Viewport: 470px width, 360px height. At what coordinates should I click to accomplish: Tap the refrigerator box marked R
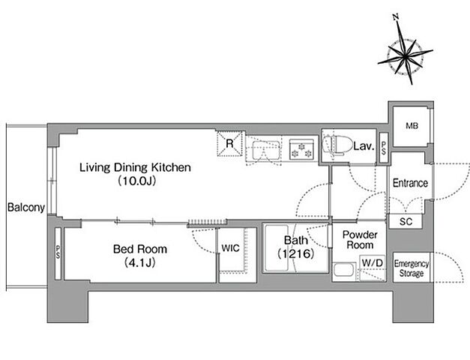point(229,144)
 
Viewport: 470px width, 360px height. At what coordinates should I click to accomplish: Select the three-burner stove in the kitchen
point(301,149)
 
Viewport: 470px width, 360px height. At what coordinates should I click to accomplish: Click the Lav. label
point(364,146)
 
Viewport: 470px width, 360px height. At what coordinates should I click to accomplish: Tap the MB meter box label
point(412,126)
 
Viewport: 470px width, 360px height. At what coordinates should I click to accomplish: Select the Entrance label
point(410,183)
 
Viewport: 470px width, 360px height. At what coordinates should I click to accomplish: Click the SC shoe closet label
point(406,222)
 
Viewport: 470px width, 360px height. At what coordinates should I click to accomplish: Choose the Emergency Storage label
point(412,268)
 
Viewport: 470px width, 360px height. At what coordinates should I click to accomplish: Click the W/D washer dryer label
point(373,263)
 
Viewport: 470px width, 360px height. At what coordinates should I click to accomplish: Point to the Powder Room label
point(360,240)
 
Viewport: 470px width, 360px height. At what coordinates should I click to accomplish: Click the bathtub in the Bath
point(276,247)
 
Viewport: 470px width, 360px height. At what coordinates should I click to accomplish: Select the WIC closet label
point(231,248)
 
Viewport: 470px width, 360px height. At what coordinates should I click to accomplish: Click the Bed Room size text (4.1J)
point(139,263)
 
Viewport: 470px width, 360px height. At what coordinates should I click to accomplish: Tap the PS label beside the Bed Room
point(58,252)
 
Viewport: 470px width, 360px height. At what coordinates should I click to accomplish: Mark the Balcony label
point(26,207)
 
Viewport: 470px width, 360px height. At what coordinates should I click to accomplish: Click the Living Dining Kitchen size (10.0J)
point(137,181)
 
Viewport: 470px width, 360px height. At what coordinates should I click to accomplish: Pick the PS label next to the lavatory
point(384,148)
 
